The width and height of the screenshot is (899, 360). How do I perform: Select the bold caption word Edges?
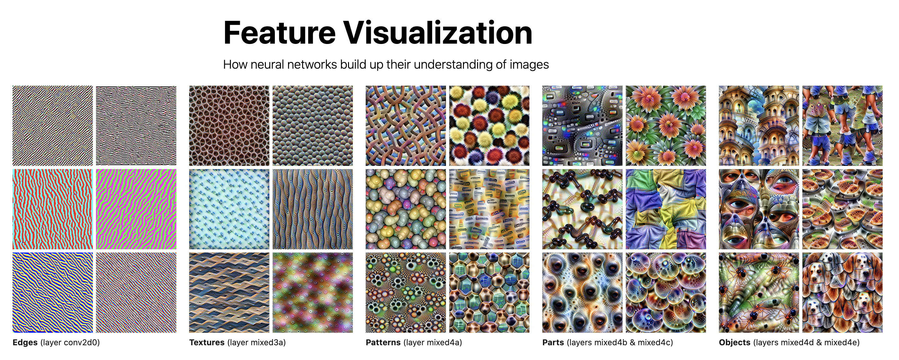coord(25,343)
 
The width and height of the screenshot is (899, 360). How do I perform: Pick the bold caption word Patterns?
coord(383,343)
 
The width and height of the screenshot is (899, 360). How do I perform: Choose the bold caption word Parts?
coord(553,343)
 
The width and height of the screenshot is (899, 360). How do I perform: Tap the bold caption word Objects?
coord(735,343)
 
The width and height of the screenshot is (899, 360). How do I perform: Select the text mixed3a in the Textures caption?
coord(267,343)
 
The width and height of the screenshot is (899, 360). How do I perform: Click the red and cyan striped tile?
coord(53,209)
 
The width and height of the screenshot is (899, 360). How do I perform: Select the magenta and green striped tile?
coord(136,209)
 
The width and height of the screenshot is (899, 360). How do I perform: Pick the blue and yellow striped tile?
coord(53,293)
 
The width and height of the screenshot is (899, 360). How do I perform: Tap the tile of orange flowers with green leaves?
coord(666,126)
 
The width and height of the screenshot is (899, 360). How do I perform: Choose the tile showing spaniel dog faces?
coord(842,293)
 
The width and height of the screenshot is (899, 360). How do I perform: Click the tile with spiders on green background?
coord(759,293)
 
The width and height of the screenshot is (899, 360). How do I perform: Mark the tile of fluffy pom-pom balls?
coord(489,126)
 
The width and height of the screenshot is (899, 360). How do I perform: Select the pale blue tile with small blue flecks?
coord(229,209)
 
